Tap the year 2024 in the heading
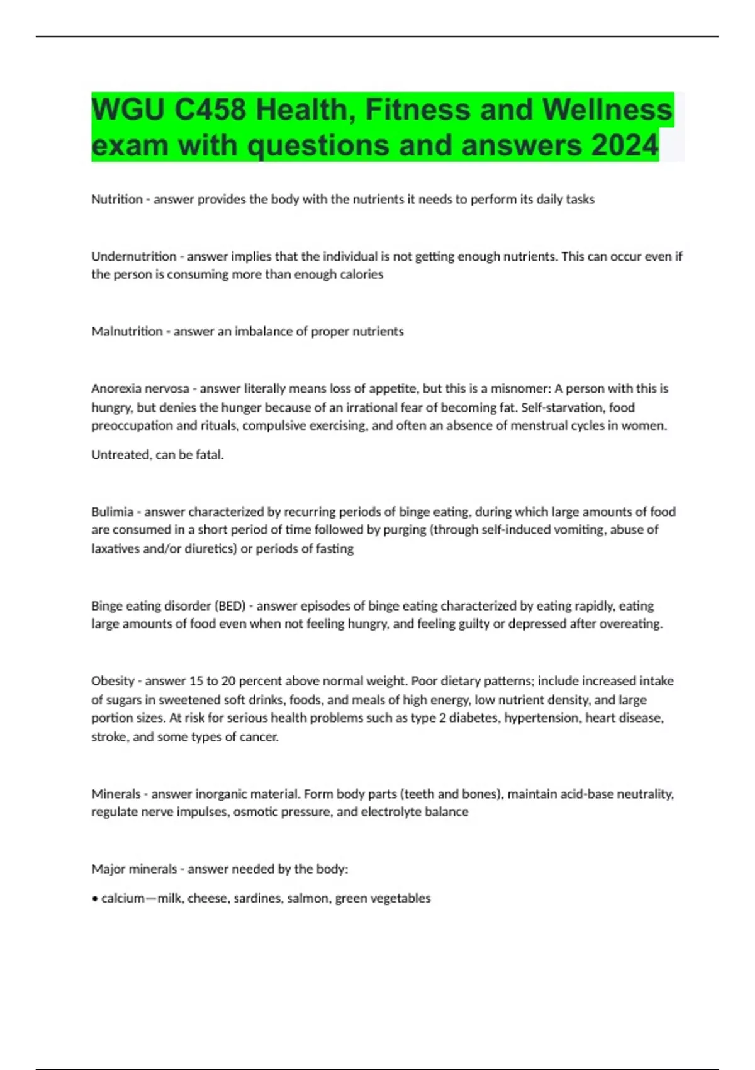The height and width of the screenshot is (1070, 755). (624, 145)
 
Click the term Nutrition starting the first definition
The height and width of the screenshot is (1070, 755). (117, 200)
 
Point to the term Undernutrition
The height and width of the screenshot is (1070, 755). (133, 256)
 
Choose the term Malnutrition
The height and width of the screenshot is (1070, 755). (126, 332)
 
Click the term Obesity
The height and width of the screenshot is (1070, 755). (113, 681)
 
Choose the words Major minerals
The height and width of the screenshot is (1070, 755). (134, 869)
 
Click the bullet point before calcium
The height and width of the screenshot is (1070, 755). (94, 899)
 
